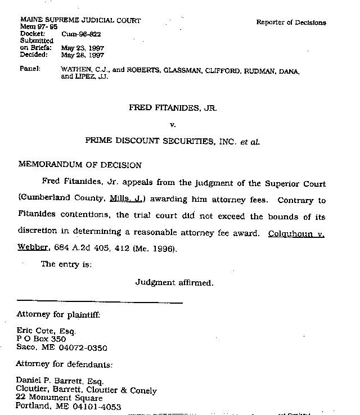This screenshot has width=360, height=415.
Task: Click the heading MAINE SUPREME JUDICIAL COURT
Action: pos(80,21)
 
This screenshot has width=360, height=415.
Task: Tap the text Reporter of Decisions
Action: pos(291,22)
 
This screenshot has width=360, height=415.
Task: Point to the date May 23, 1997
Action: pos(83,48)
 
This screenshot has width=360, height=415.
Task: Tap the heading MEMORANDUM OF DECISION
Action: pos(80,165)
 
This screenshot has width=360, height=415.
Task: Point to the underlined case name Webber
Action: pos(32,248)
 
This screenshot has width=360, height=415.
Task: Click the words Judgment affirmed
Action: pos(174,283)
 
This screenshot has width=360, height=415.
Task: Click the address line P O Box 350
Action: pos(41,340)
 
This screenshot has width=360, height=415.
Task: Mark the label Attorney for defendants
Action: pos(65,364)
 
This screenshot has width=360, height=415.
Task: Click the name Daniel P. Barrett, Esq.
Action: pos(56,382)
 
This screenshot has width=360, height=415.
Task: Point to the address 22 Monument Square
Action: pos(60,398)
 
